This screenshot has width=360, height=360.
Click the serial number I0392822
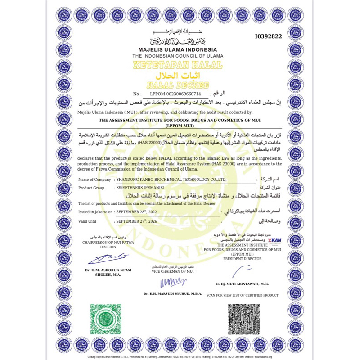pos(269,36)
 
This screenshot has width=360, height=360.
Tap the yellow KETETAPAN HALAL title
pos(178,65)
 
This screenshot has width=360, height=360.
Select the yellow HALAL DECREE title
pos(178,84)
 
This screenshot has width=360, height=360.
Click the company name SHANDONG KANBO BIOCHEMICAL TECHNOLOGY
pos(171,179)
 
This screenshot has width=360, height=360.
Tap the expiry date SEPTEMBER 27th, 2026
pos(136,221)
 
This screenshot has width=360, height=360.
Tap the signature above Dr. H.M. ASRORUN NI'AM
pos(108,258)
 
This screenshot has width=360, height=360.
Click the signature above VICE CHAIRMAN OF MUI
pos(172,282)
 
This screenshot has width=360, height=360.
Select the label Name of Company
pos(94,179)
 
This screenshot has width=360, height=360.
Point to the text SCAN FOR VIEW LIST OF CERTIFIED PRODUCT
pos(243,295)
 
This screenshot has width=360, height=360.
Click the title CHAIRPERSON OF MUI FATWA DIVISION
pos(108,244)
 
